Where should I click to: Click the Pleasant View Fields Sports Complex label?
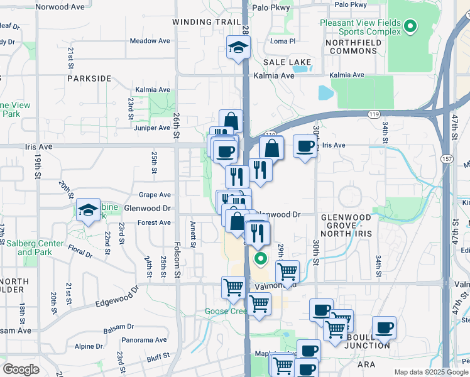click(x=359, y=26)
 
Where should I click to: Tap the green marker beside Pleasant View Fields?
click(x=410, y=26)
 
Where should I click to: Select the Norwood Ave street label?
click(x=60, y=7)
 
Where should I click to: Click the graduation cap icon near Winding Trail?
click(x=238, y=47)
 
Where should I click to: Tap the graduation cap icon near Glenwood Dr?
click(x=89, y=210)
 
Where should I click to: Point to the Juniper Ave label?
click(x=153, y=128)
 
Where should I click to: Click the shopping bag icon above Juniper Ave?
click(x=231, y=121)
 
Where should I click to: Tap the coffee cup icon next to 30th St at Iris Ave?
click(x=305, y=146)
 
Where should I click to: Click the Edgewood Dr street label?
click(x=117, y=298)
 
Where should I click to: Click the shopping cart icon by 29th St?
click(x=287, y=271)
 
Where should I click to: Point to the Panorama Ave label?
click(x=145, y=340)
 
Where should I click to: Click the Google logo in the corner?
click(x=21, y=369)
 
